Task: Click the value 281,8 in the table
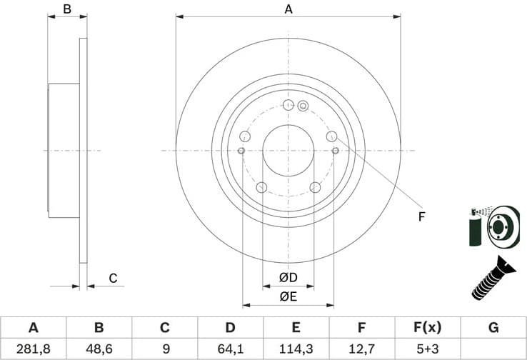[x=33, y=349]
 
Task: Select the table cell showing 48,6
[x=99, y=349]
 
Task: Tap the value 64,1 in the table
[x=230, y=349]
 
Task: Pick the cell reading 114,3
[x=296, y=349]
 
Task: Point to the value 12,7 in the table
[x=361, y=349]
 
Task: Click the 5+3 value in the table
[x=427, y=349]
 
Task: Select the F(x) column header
[x=427, y=328]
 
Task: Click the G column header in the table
[x=493, y=328]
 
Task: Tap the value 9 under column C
[x=164, y=349]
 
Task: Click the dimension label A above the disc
[x=288, y=9]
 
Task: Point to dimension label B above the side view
[x=67, y=9]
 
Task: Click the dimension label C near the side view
[x=112, y=278]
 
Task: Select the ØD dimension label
[x=288, y=277]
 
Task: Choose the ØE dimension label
[x=288, y=294]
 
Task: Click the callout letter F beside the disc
[x=421, y=217]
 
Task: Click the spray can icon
[x=476, y=228]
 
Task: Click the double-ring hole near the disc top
[x=302, y=106]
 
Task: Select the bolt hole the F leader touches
[x=331, y=136]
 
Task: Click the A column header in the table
[x=33, y=328]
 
